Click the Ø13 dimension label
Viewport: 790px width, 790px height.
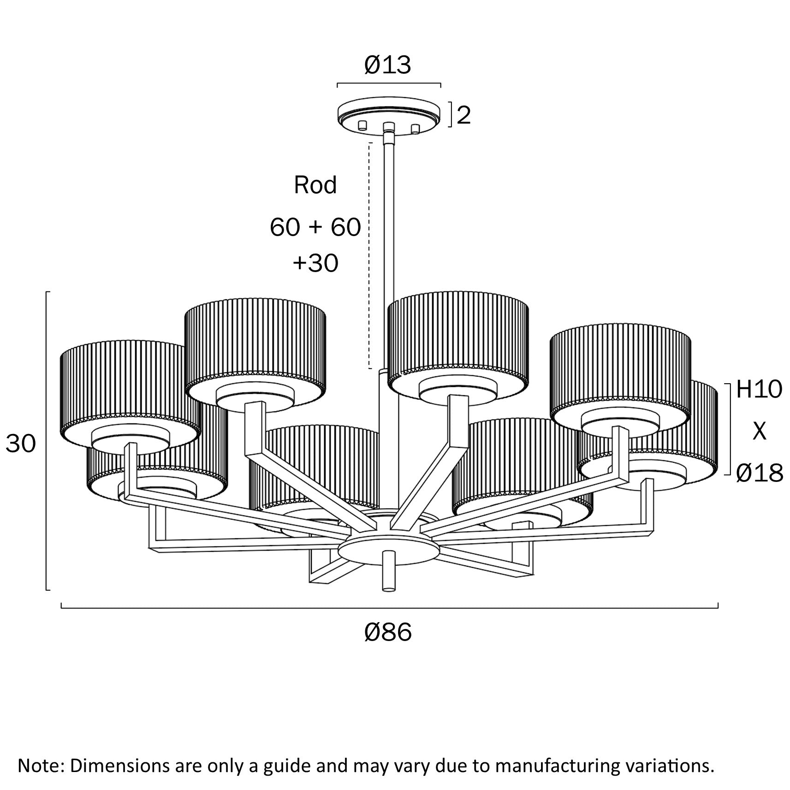[x=387, y=65]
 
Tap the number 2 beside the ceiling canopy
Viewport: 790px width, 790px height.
[x=463, y=115]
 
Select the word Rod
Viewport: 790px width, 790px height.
[x=315, y=185]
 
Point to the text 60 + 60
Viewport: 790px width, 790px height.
[x=315, y=227]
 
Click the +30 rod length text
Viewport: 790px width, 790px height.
[x=315, y=263]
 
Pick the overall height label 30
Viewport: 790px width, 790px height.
[x=21, y=444]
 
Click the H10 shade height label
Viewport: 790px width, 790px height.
[x=759, y=390]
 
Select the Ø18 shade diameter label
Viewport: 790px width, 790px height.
[x=759, y=473]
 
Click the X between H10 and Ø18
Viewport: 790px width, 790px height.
[x=759, y=431]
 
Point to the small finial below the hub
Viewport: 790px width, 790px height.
[x=389, y=571]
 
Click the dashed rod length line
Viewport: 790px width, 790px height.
[x=369, y=256]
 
